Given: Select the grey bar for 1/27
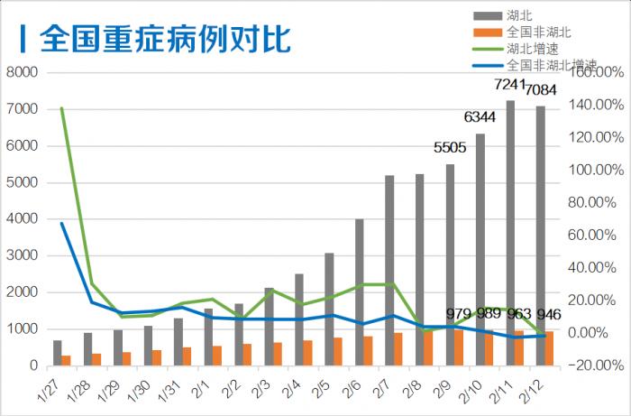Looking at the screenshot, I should pyautogui.click(x=58, y=353).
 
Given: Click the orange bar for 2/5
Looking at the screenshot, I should pyautogui.click(x=337, y=351).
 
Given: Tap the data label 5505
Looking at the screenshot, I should pyautogui.click(x=450, y=147).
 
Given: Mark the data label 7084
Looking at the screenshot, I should pyautogui.click(x=541, y=89).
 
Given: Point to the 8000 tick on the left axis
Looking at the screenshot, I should pyautogui.click(x=22, y=72).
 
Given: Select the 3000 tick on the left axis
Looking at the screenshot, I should pyautogui.click(x=22, y=255).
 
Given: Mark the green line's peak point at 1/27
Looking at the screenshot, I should pyautogui.click(x=61, y=108).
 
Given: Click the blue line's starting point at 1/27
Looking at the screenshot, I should pyautogui.click(x=61, y=223).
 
